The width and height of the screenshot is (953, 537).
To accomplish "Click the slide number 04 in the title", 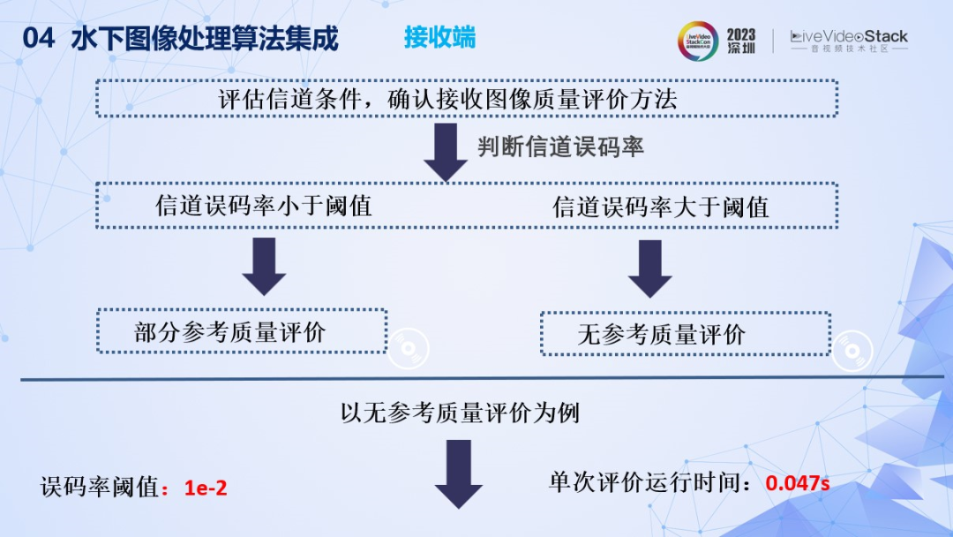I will coord(39,39).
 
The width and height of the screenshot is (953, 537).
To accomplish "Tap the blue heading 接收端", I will coord(439,37).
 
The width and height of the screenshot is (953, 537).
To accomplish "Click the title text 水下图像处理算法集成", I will coord(204,39).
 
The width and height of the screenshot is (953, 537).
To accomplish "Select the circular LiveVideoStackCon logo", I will coord(698,41).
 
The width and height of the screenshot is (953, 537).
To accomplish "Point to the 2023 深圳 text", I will coord(741,41).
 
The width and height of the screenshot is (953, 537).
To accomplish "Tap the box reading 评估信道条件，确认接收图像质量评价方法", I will coord(466,98).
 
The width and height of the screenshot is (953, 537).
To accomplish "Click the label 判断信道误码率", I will coord(561,147).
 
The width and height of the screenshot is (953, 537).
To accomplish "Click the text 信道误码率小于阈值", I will coord(264,206).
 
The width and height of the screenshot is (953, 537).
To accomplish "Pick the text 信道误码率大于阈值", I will coord(661,207).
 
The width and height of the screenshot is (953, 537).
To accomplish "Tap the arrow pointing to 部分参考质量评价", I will coord(264,266).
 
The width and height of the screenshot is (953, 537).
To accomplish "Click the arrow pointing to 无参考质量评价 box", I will coord(650,267).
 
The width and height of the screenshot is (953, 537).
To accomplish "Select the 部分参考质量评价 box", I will coord(242,331).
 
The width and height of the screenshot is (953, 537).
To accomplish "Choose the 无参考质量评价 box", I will coord(685,334).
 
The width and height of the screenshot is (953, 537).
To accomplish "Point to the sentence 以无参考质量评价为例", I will coord(460,412).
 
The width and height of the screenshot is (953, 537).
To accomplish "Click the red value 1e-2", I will coord(206,487).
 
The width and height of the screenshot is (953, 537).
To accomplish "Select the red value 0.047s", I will coord(798,483).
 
